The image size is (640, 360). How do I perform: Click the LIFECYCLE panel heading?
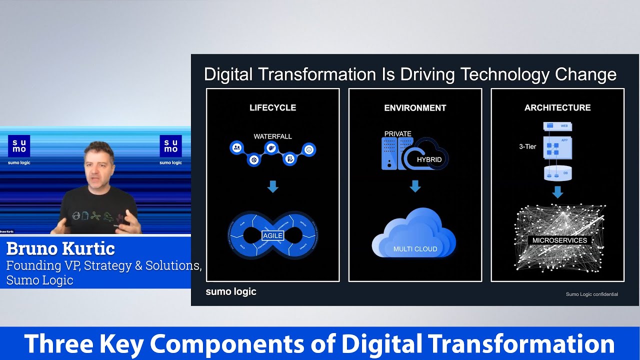click(272, 107)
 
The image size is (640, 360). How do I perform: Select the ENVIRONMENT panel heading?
click(415, 107)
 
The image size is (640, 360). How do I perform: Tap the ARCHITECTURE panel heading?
click(557, 107)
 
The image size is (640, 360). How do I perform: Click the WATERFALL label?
click(272, 136)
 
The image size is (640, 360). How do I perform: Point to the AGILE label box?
click(272, 235)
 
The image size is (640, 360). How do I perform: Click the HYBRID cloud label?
click(429, 159)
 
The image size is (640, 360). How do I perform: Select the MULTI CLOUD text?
click(415, 249)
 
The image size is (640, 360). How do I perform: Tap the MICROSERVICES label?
click(559, 240)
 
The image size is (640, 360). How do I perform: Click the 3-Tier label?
click(527, 147)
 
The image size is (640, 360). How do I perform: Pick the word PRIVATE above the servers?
click(397, 134)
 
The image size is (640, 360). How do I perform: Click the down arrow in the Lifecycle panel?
click(272, 187)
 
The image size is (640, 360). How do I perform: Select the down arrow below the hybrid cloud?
click(415, 186)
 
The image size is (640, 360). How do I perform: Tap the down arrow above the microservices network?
click(557, 192)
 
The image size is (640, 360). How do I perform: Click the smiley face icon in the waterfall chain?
click(309, 149)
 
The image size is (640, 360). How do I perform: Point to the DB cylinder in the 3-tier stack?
click(557, 173)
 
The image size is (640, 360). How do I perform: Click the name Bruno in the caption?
click(32, 248)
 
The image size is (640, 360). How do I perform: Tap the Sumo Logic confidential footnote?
click(591, 294)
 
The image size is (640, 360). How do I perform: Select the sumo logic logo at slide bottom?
click(231, 291)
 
